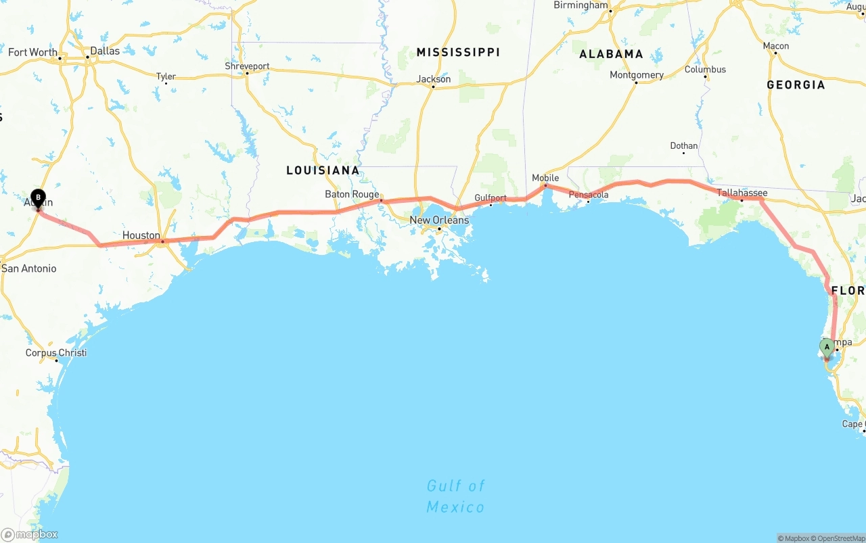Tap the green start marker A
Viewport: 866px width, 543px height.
pyautogui.click(x=827, y=348)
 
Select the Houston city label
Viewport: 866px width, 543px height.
pyautogui.click(x=141, y=235)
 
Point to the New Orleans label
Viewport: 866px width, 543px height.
pyautogui.click(x=439, y=220)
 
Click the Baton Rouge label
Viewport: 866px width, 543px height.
pyautogui.click(x=352, y=194)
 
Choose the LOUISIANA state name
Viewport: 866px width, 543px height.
pyautogui.click(x=323, y=170)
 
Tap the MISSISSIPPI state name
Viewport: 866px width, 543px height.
pyautogui.click(x=458, y=52)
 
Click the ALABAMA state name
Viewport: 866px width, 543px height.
pyautogui.click(x=611, y=54)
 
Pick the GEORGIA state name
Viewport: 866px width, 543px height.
pyautogui.click(x=796, y=85)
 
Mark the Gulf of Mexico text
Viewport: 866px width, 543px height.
pyautogui.click(x=455, y=496)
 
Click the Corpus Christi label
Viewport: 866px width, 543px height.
pyautogui.click(x=56, y=353)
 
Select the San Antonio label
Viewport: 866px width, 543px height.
pyautogui.click(x=29, y=268)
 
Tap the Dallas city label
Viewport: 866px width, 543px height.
pyautogui.click(x=105, y=51)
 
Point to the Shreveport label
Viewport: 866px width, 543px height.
pyautogui.click(x=247, y=66)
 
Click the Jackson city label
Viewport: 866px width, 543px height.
pyautogui.click(x=434, y=79)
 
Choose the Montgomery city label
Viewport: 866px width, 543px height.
pyautogui.click(x=637, y=75)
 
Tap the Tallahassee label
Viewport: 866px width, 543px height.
pyautogui.click(x=742, y=193)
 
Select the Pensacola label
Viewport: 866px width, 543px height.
pyautogui.click(x=589, y=195)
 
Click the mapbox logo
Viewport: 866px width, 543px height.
pyautogui.click(x=30, y=534)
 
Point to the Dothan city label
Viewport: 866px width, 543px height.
pyautogui.click(x=683, y=145)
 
